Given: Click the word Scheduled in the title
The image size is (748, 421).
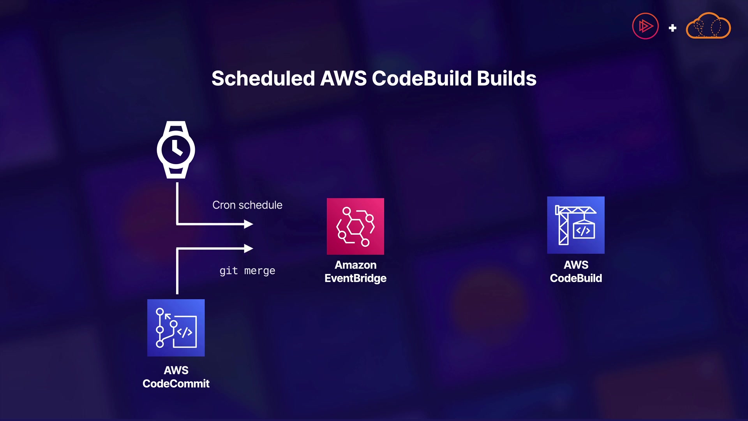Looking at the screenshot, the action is (x=263, y=78).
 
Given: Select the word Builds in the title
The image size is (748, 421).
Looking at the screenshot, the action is (x=506, y=78).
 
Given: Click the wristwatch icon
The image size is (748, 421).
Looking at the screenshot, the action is (x=176, y=150).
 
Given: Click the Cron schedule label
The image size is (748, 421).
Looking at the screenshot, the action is (x=247, y=205).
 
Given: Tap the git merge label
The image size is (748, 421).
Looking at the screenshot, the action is (x=247, y=271).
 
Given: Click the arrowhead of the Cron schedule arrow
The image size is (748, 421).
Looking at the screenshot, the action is (x=249, y=224).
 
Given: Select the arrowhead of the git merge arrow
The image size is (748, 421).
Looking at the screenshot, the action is (x=249, y=248).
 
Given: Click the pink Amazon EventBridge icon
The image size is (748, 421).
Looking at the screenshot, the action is (x=355, y=226).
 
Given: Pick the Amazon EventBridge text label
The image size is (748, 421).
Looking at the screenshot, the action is (x=355, y=272).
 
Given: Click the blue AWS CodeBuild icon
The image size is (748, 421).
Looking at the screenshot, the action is (x=576, y=225).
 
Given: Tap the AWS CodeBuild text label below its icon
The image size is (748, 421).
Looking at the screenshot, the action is (x=576, y=272).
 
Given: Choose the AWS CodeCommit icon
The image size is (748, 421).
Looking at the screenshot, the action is (x=176, y=328).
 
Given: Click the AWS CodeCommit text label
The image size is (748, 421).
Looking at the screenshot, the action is (x=176, y=377).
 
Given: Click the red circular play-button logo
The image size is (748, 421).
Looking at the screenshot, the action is (x=646, y=26).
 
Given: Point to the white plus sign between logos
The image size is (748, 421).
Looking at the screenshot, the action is (x=672, y=28).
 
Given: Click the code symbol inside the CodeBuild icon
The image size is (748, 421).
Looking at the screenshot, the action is (x=583, y=231).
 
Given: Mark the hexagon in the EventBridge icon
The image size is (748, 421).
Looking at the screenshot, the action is (x=355, y=226).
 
